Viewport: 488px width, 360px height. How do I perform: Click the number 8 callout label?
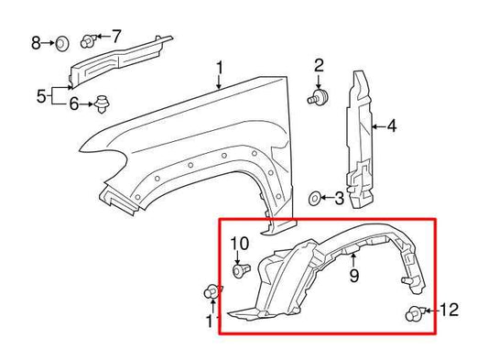pyautogui.click(x=37, y=42)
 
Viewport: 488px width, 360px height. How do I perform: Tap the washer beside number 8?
pyautogui.click(x=62, y=42)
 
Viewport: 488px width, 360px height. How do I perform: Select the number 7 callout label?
pyautogui.click(x=116, y=36)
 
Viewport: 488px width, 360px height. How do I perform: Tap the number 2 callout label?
pyautogui.click(x=320, y=64)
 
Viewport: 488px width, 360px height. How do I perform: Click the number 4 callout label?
pyautogui.click(x=390, y=125)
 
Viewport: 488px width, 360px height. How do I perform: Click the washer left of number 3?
pyautogui.click(x=315, y=196)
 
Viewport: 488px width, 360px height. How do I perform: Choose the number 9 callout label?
pyautogui.click(x=352, y=274)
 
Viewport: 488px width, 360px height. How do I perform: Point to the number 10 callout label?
pyautogui.click(x=239, y=243)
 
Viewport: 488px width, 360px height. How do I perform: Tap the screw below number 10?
pyautogui.click(x=240, y=270)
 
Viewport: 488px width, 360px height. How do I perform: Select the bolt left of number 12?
pyautogui.click(x=412, y=314)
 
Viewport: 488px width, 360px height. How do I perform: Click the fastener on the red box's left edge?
pyautogui.click(x=211, y=293)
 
